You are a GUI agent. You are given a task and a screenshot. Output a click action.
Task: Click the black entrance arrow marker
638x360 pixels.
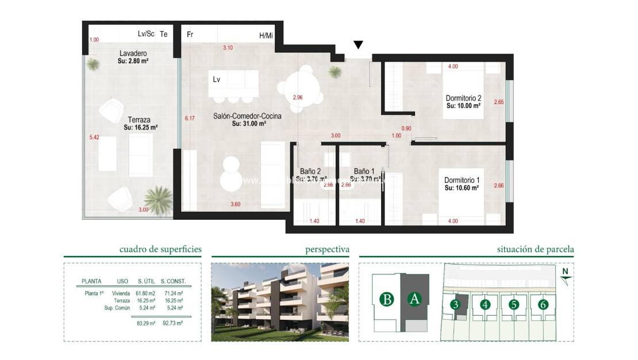coord(358,45)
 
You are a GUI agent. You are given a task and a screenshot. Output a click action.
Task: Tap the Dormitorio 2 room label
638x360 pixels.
coord(463,97)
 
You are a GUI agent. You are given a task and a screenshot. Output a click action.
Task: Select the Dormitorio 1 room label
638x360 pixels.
coord(462,179)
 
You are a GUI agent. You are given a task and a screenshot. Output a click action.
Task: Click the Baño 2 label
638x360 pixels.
coord(310,171)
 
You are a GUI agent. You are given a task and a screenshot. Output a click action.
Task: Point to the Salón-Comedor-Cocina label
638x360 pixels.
coord(248,116)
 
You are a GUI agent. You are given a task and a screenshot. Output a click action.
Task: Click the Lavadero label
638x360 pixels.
coord(118,53)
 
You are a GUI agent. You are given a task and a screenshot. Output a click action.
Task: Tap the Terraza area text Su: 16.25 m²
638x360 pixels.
coord(140,128)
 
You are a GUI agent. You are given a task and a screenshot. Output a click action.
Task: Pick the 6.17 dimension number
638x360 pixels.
coord(190,118)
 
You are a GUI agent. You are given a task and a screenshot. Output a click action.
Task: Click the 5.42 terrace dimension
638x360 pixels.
coord(95,138)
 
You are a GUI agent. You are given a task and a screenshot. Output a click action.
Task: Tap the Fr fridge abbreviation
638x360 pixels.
coord(190,35)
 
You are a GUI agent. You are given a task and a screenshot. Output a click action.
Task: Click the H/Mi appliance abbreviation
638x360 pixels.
coord(266,36)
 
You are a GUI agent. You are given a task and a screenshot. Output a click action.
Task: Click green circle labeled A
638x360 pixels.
coord(414,300)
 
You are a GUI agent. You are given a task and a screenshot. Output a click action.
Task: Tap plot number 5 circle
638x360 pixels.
coord(514,304)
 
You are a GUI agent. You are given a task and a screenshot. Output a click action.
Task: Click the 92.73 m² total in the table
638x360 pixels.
coord(172,323)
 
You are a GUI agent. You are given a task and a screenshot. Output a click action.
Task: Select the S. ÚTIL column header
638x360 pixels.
coord(145,281)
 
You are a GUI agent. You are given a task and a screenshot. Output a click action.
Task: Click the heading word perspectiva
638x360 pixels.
coord(327,250)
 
